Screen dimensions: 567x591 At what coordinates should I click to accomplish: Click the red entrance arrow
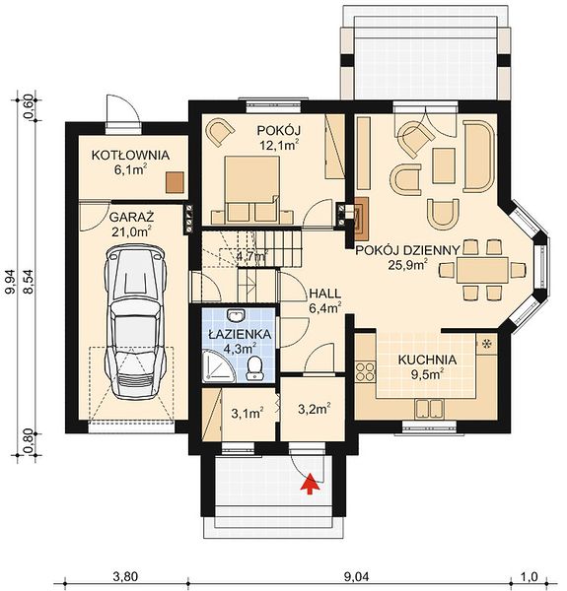[310, 484]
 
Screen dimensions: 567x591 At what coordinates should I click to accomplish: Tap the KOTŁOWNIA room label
[130, 156]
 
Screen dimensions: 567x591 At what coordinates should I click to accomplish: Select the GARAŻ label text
[132, 218]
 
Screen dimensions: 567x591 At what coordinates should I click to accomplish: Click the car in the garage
[135, 323]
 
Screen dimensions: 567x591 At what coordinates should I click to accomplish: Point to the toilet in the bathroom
[254, 367]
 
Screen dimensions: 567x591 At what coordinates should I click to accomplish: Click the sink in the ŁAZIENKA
[237, 315]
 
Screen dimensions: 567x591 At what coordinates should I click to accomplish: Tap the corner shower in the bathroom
[219, 366]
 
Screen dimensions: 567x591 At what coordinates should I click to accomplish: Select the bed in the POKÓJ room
[252, 189]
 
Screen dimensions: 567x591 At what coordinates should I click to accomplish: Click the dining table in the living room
[482, 270]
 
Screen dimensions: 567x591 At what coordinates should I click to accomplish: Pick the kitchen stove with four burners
[366, 371]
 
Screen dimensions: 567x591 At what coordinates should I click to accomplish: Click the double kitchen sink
[429, 409]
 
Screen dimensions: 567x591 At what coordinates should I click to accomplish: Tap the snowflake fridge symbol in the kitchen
[487, 344]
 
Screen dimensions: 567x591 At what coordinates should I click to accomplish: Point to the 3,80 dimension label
[125, 576]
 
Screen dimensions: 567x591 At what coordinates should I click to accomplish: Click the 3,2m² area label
[315, 409]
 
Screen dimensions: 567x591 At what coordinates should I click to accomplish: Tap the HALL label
[325, 294]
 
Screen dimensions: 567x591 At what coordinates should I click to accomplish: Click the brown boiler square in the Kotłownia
[175, 182]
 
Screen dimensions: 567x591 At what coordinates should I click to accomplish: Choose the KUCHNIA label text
[427, 360]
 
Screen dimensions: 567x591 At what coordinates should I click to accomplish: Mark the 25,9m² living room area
[408, 265]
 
